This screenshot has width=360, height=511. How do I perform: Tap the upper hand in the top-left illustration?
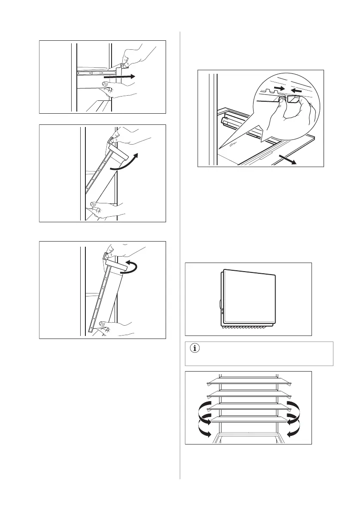tap(139, 56)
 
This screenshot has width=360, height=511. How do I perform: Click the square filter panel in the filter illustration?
tap(249, 296)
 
